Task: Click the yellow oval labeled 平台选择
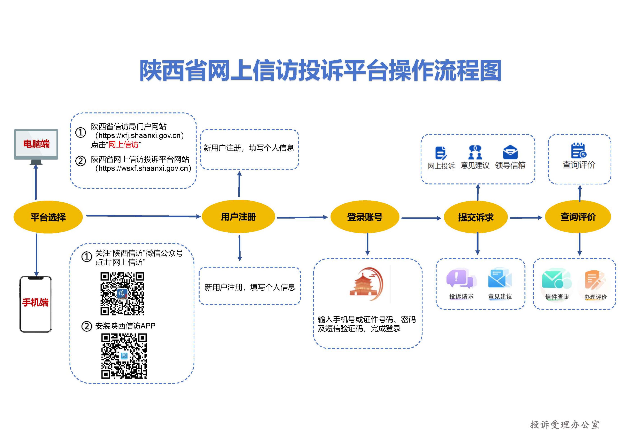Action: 48,217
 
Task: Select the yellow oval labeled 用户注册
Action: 239,217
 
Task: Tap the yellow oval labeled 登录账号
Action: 365,217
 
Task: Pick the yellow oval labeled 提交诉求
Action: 476,217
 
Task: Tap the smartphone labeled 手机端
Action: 36,304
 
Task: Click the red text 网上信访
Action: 123,144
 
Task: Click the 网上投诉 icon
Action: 441,153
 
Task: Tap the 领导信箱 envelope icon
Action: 510,152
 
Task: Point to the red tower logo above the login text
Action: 366,284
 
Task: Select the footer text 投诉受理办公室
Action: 565,425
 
